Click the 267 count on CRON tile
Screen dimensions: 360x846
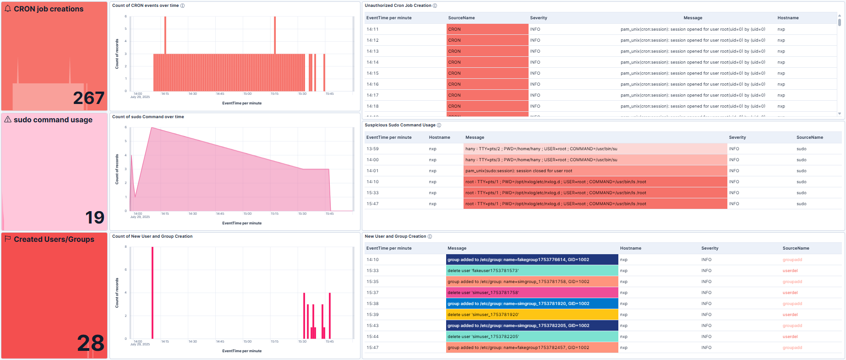88,98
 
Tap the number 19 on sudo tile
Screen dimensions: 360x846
95,218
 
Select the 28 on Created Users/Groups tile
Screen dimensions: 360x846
91,343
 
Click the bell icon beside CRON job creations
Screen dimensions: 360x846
8,9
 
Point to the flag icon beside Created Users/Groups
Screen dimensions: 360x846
8,239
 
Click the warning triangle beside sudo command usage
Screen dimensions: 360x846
8,120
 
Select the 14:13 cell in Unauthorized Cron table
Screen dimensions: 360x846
372,51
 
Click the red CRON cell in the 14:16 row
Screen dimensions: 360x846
487,84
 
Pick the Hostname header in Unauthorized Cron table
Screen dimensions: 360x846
788,18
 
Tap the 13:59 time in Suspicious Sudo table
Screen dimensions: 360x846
372,149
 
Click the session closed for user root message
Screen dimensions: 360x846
519,171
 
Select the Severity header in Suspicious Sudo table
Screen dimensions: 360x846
737,137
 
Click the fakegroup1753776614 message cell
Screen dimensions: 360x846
531,260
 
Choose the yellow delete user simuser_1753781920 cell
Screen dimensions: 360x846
531,315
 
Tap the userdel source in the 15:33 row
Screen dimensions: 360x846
790,271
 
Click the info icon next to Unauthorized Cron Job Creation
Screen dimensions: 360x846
435,5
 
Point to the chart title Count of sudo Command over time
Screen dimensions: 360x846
148,117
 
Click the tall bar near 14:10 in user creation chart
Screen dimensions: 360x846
153,293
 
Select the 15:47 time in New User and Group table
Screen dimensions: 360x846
372,348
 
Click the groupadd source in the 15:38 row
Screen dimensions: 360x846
792,304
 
